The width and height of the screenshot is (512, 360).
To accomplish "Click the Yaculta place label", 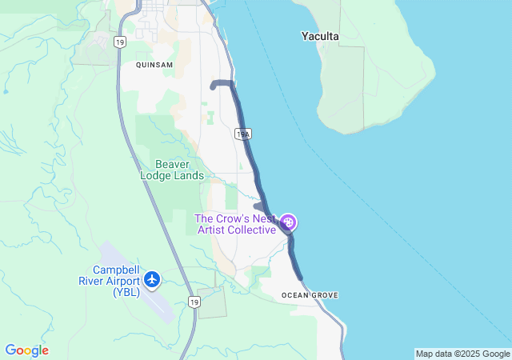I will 320,36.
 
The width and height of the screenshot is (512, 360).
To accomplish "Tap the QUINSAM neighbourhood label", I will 154,64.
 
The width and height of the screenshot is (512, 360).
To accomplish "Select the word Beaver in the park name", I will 172,163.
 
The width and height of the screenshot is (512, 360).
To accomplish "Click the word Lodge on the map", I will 156,175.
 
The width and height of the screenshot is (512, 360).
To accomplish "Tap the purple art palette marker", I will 289,222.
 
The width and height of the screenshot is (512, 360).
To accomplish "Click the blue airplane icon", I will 152,280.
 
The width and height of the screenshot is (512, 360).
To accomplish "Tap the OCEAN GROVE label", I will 310,295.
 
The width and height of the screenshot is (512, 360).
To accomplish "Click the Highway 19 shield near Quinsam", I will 119,42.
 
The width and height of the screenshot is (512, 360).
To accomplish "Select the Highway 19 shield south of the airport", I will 194,302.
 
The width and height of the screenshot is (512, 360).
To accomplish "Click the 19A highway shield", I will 243,134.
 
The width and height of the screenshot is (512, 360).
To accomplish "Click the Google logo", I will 26,350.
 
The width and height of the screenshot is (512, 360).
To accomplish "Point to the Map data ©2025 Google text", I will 462,354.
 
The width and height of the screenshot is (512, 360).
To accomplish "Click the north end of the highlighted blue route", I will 212,85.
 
